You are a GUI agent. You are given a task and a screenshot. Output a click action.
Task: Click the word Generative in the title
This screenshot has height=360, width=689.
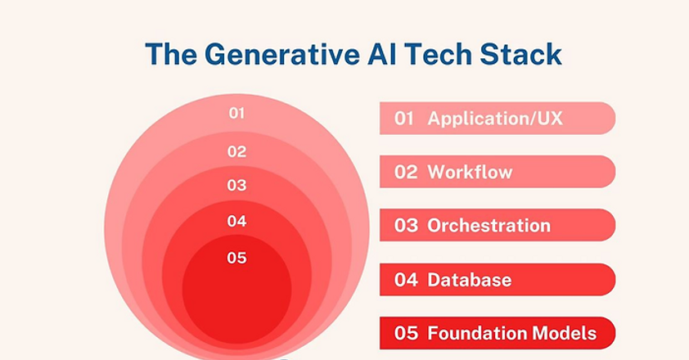coord(282,54)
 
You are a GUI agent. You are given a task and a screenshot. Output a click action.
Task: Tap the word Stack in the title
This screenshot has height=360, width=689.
coord(520,54)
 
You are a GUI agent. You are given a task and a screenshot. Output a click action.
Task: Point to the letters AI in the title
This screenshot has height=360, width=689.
coord(382,54)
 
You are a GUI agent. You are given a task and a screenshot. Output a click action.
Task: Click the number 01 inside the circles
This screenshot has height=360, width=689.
coord(236,114)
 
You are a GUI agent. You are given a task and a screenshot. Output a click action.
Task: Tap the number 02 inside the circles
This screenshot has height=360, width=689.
coord(236,151)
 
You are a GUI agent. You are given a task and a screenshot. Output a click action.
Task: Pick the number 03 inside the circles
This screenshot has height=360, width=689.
coord(236,185)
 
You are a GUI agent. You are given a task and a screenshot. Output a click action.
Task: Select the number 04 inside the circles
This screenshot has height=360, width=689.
coord(236,221)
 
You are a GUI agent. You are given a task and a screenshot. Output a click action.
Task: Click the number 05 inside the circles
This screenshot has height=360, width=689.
coord(236,258)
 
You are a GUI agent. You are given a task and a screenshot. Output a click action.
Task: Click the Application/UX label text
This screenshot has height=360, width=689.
coord(495,119)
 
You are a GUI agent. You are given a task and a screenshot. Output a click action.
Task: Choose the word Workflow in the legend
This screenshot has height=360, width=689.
coord(470,172)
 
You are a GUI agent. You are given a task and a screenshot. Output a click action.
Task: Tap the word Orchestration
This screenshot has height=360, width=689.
coord(489,226)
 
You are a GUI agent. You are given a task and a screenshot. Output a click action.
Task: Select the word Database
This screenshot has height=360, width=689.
coord(470,280)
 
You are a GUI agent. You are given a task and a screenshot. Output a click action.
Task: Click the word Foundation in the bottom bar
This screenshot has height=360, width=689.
coord(478,333)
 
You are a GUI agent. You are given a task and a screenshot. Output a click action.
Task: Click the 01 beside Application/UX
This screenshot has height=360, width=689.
coord(403,119)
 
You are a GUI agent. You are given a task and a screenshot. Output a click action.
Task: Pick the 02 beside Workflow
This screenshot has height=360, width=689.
coord(406,172)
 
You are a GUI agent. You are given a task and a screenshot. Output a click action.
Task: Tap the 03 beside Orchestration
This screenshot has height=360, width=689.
coord(406,226)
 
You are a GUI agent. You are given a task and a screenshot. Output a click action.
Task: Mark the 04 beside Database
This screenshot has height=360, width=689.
coord(406,280)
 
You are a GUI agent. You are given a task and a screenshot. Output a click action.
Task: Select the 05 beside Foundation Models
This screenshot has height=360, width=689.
coord(406,333)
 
